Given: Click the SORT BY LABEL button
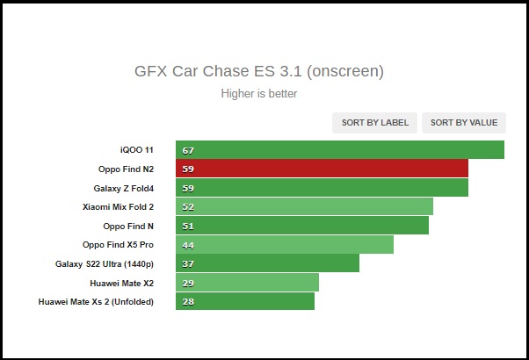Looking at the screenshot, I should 374,123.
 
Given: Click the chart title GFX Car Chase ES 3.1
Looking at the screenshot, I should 259,70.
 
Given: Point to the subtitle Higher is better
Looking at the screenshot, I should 259,93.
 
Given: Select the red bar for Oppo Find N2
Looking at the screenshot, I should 322,169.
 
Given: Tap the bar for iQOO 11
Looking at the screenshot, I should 339,150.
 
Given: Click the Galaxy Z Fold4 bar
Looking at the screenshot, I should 322,188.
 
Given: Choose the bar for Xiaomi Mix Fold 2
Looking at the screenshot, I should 304,206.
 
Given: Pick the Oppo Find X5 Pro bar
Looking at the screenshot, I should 285,244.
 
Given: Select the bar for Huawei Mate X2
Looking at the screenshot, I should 247,283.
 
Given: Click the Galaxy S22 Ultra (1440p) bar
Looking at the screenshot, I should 267,263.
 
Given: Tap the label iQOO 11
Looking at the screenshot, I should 137,150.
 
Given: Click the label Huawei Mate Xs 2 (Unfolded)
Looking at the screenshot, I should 96,302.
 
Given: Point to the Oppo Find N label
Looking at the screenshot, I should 128,226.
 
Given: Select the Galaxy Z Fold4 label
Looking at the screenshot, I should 123,188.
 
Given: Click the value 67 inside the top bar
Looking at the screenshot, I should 188,151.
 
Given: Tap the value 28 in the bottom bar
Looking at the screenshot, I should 188,302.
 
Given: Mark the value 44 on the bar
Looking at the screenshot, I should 188,245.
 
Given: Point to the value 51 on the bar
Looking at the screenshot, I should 188,227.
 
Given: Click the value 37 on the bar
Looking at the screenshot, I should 188,264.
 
